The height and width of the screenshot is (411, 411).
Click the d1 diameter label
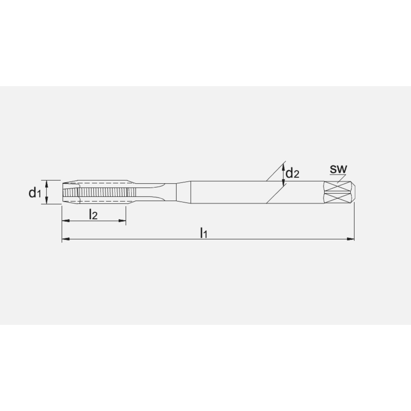pos(35,192)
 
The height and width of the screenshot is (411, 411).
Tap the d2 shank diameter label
pos(292,173)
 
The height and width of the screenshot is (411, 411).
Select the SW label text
pos(339,169)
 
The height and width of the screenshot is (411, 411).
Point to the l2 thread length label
pos(93,214)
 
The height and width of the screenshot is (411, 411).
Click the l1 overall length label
pos(203,233)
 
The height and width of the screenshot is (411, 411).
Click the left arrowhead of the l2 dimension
pos(65,221)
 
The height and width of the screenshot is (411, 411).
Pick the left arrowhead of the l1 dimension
pos(65,239)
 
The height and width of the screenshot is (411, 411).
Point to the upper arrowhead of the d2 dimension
pos(284,167)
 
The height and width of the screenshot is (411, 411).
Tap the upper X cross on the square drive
pos(337,186)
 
